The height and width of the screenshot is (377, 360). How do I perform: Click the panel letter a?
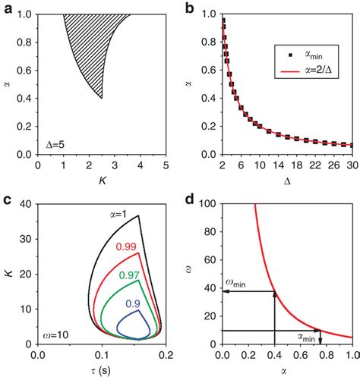[x=6, y=7]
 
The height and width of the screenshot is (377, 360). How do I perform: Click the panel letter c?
[x=6, y=199]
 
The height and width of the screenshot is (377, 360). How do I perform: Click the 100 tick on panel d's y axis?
[x=210, y=203]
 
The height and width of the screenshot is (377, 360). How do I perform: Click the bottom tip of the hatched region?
[x=102, y=98]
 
